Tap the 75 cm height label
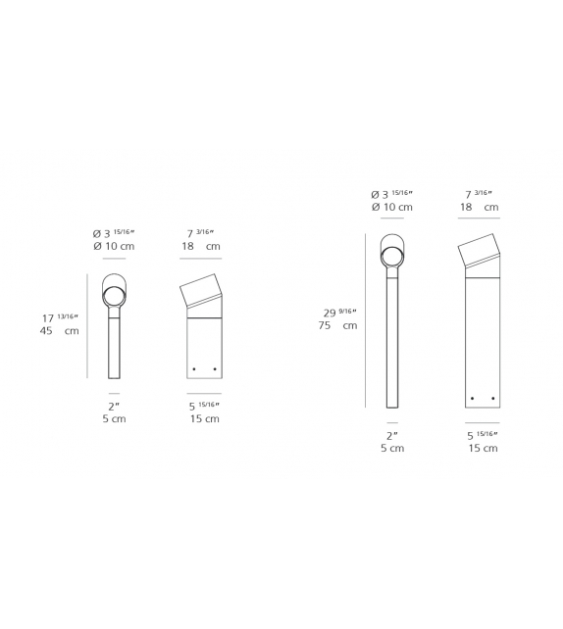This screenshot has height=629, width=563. tap(339, 325)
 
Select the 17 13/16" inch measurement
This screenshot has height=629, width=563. tap(60, 317)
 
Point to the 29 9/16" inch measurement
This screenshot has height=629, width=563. tap(339, 313)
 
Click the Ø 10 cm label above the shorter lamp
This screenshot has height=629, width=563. tap(113, 246)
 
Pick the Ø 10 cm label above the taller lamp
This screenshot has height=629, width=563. tap(391, 208)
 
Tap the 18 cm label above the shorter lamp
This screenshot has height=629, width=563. tap(200, 246)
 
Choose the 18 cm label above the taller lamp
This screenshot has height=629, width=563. tap(478, 208)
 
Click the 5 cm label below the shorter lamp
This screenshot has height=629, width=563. tap(113, 418)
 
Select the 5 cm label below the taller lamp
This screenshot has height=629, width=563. tap(391, 448)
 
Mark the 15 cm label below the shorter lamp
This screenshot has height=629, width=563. tap(205, 418)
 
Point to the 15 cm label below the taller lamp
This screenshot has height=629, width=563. tap(484, 448)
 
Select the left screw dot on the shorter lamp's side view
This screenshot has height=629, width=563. tap(194, 368)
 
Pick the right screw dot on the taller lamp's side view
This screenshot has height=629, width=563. tap(492, 398)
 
